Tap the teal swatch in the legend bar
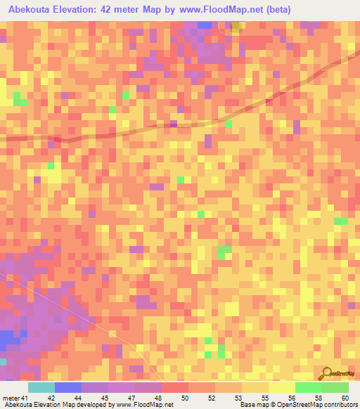click(41, 387)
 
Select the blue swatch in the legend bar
click(68, 387)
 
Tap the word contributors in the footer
click(340, 405)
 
